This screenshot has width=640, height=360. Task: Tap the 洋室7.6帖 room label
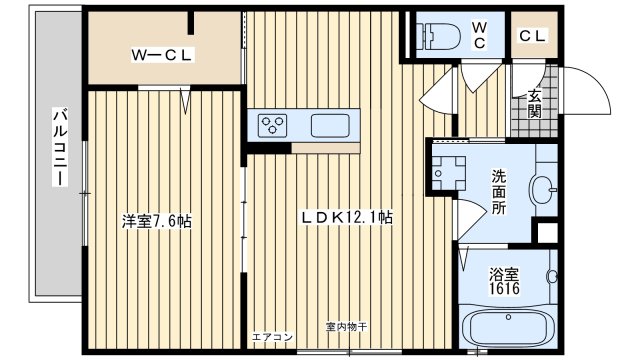tap(157, 220)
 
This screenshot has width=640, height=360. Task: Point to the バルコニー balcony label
tap(59, 148)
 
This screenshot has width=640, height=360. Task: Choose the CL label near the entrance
tap(531, 36)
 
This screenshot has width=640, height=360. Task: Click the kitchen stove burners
tap(273, 125)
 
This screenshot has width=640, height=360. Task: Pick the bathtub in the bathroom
tap(507, 329)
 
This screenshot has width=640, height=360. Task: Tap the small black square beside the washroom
tap(546, 233)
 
